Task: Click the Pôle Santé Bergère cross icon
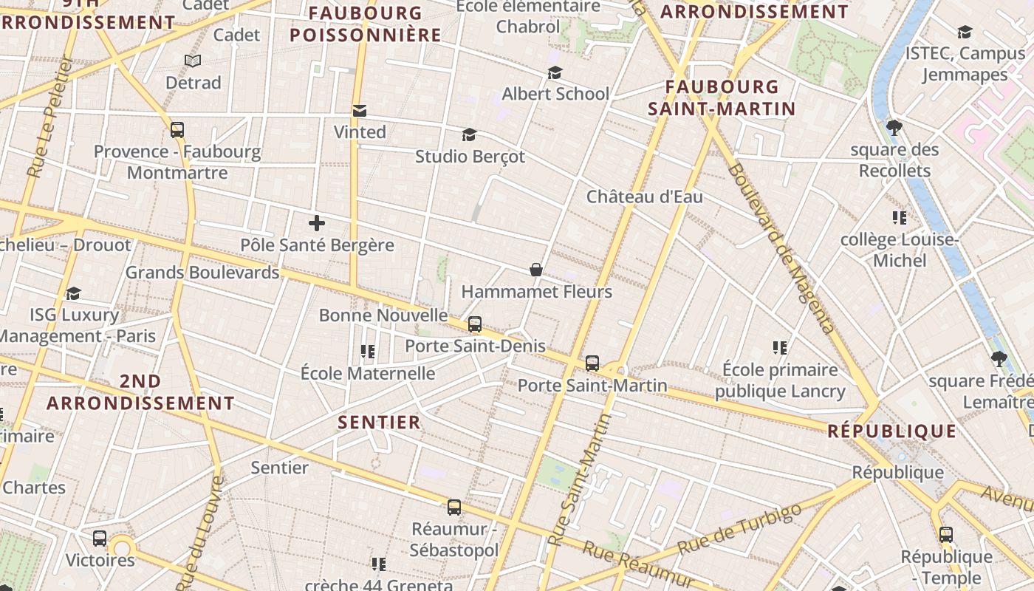point(317,222)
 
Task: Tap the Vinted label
point(360,132)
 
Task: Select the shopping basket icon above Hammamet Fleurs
point(536,270)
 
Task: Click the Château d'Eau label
point(644,197)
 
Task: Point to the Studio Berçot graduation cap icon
point(469,134)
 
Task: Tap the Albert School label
point(555,94)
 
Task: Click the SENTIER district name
point(379,423)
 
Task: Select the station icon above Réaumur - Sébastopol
point(454,508)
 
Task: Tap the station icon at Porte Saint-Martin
point(592,363)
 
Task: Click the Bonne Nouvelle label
point(383,315)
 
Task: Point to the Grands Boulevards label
point(202,272)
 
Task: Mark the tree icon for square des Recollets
point(894,127)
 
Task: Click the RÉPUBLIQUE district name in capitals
point(892,431)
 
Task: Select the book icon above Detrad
point(193,61)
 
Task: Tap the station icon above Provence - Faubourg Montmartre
point(177,130)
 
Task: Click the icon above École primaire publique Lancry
point(779,347)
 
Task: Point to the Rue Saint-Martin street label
point(581,480)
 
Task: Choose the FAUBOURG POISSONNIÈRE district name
point(365,24)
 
